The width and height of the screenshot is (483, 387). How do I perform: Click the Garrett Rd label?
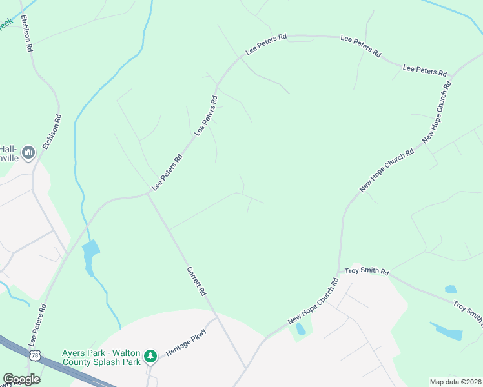pyautogui.click(x=196, y=281)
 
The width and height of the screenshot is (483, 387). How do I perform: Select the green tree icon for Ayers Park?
pyautogui.click(x=150, y=355)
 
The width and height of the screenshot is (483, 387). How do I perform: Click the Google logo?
pyautogui.click(x=21, y=379)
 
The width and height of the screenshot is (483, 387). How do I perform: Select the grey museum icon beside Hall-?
pyautogui.click(x=28, y=153)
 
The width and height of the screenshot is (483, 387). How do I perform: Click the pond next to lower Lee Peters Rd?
pyautogui.click(x=91, y=251)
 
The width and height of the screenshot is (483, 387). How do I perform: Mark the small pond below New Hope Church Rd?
pyautogui.click(x=300, y=330)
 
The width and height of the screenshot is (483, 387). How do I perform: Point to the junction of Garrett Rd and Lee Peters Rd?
pyautogui.click(x=148, y=193)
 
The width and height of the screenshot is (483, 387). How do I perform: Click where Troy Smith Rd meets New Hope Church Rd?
pyautogui.click(x=338, y=272)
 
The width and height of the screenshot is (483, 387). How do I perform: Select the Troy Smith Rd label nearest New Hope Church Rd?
pyautogui.click(x=366, y=272)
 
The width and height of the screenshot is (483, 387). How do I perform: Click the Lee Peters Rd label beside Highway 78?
pyautogui.click(x=37, y=326)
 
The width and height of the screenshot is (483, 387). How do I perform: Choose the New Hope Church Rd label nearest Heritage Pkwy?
pyautogui.click(x=313, y=301)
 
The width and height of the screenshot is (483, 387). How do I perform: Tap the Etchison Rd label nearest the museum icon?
pyautogui.click(x=52, y=132)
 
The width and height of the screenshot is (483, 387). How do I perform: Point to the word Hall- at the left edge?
pyautogui.click(x=8, y=147)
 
